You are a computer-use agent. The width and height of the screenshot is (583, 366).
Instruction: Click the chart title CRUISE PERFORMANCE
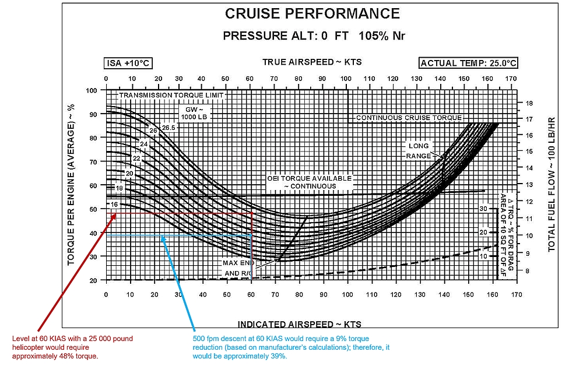tap(312, 14)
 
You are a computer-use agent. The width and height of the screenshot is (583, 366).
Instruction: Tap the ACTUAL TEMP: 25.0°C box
tap(469, 64)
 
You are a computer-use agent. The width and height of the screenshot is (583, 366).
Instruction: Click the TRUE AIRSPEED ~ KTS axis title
tap(312, 62)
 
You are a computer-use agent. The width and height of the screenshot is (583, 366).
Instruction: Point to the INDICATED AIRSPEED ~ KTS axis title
tap(299, 324)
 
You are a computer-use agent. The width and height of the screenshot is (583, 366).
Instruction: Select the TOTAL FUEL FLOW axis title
tap(551, 184)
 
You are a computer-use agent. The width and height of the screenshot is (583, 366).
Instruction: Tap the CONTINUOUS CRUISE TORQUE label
tap(409, 118)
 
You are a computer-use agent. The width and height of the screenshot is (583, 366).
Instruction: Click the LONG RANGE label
tap(419, 150)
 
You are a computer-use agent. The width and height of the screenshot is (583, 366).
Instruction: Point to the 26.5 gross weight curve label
tap(168, 128)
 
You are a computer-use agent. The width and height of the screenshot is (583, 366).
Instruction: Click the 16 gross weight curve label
tap(114, 205)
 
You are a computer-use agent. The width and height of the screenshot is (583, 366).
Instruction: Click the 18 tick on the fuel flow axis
tap(529, 103)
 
